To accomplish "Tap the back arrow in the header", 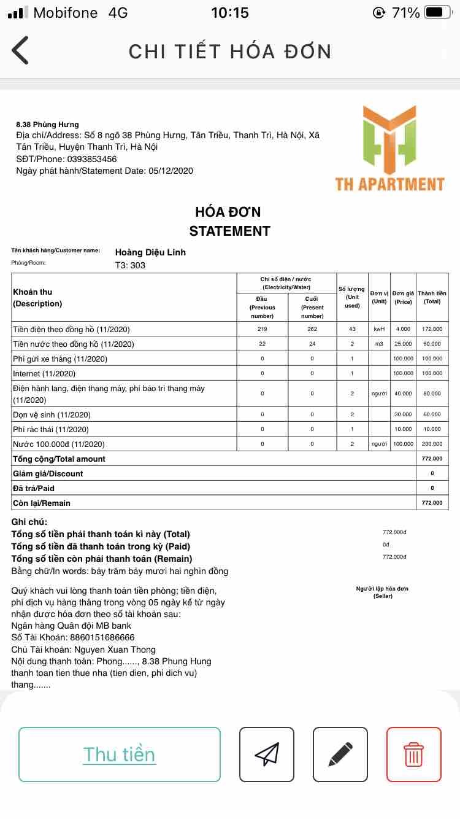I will click(x=20, y=50).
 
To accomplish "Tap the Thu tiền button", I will click(x=120, y=754).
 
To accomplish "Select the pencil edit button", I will click(x=340, y=754).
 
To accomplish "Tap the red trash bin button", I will click(x=413, y=754).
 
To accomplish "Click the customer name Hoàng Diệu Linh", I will click(x=150, y=252).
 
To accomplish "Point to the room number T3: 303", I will click(x=130, y=266).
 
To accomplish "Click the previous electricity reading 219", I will click(x=263, y=329).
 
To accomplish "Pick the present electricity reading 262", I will click(x=312, y=329).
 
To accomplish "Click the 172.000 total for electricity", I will click(x=432, y=329).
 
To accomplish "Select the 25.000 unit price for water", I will click(x=403, y=344).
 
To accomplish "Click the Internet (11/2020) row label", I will click(x=44, y=373).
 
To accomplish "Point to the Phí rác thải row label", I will click(x=51, y=429).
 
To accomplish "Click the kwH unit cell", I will click(x=379, y=329).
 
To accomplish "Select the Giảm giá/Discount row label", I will click(x=48, y=473).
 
